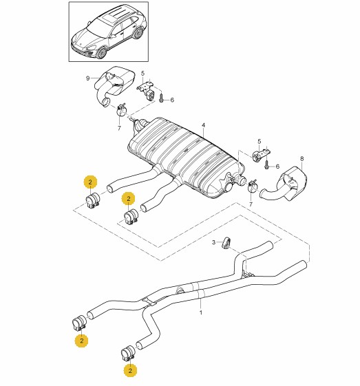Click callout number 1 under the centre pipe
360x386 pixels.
[x=201, y=312]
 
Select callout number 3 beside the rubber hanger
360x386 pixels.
[x=214, y=242]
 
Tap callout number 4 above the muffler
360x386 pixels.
[x=203, y=125]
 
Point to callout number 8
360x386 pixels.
[x=302, y=158]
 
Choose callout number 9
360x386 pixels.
[x=88, y=78]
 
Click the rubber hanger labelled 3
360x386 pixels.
[x=226, y=243]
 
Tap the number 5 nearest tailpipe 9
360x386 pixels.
[x=142, y=73]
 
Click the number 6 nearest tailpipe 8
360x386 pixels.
[x=278, y=167]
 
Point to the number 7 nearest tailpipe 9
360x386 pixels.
[x=119, y=128]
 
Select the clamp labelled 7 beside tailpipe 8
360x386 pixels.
[x=252, y=186]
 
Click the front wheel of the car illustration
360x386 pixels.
[x=101, y=53]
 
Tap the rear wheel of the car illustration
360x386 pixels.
[x=138, y=33]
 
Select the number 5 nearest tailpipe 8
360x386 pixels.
[x=260, y=142]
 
